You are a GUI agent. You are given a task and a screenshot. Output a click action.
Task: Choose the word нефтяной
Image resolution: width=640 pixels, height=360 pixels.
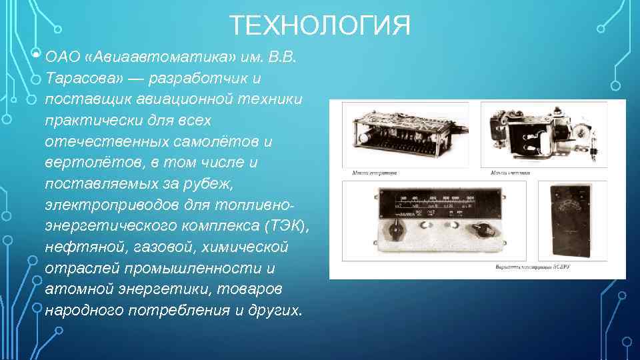tap(75, 247)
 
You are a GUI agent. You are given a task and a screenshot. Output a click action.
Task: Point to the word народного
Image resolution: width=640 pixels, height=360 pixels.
tap(82, 311)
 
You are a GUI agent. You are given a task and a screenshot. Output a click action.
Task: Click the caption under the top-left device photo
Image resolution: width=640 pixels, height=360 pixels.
tap(375, 173)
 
